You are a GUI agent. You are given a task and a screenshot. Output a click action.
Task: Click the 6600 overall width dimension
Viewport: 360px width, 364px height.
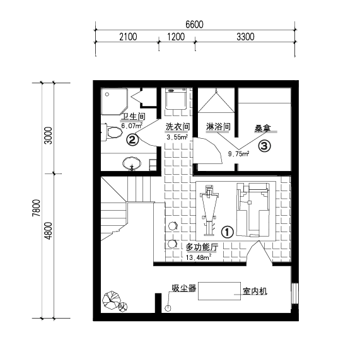click(x=194, y=25)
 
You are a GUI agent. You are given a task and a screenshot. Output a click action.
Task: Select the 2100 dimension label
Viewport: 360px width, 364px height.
click(x=127, y=37)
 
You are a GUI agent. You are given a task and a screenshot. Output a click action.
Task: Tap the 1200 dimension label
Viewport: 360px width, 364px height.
click(x=176, y=37)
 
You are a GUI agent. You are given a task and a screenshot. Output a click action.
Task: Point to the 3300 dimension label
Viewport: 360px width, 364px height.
click(x=245, y=37)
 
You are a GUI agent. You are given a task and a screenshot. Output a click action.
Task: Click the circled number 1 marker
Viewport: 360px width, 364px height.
click(x=226, y=232)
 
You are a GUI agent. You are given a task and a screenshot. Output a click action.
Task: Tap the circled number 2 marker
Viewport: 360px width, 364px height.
click(x=132, y=139)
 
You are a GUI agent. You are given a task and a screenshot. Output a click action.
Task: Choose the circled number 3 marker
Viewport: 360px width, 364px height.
click(x=264, y=146)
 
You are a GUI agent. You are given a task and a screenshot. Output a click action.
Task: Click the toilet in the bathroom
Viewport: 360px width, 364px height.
click(x=112, y=132)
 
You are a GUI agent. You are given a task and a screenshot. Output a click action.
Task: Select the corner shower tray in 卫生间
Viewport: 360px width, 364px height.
click(x=114, y=101)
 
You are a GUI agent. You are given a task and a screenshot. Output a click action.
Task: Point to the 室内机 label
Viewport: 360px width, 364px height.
click(x=255, y=291)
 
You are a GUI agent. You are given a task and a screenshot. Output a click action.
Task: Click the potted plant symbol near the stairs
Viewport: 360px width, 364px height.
click(x=114, y=301)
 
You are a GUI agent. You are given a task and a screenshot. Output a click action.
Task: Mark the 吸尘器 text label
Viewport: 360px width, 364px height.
click(x=184, y=288)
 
